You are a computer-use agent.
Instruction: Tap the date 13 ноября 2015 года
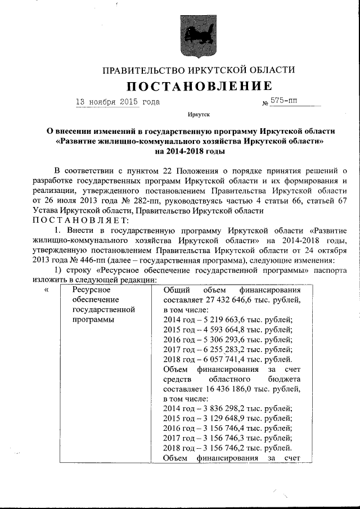118,102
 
